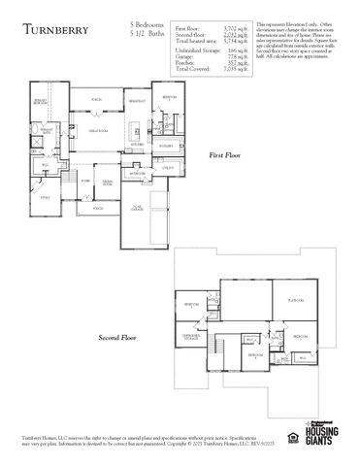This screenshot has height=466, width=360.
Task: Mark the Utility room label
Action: tap(168, 167)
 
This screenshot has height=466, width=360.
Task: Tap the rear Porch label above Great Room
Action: tap(96, 99)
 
